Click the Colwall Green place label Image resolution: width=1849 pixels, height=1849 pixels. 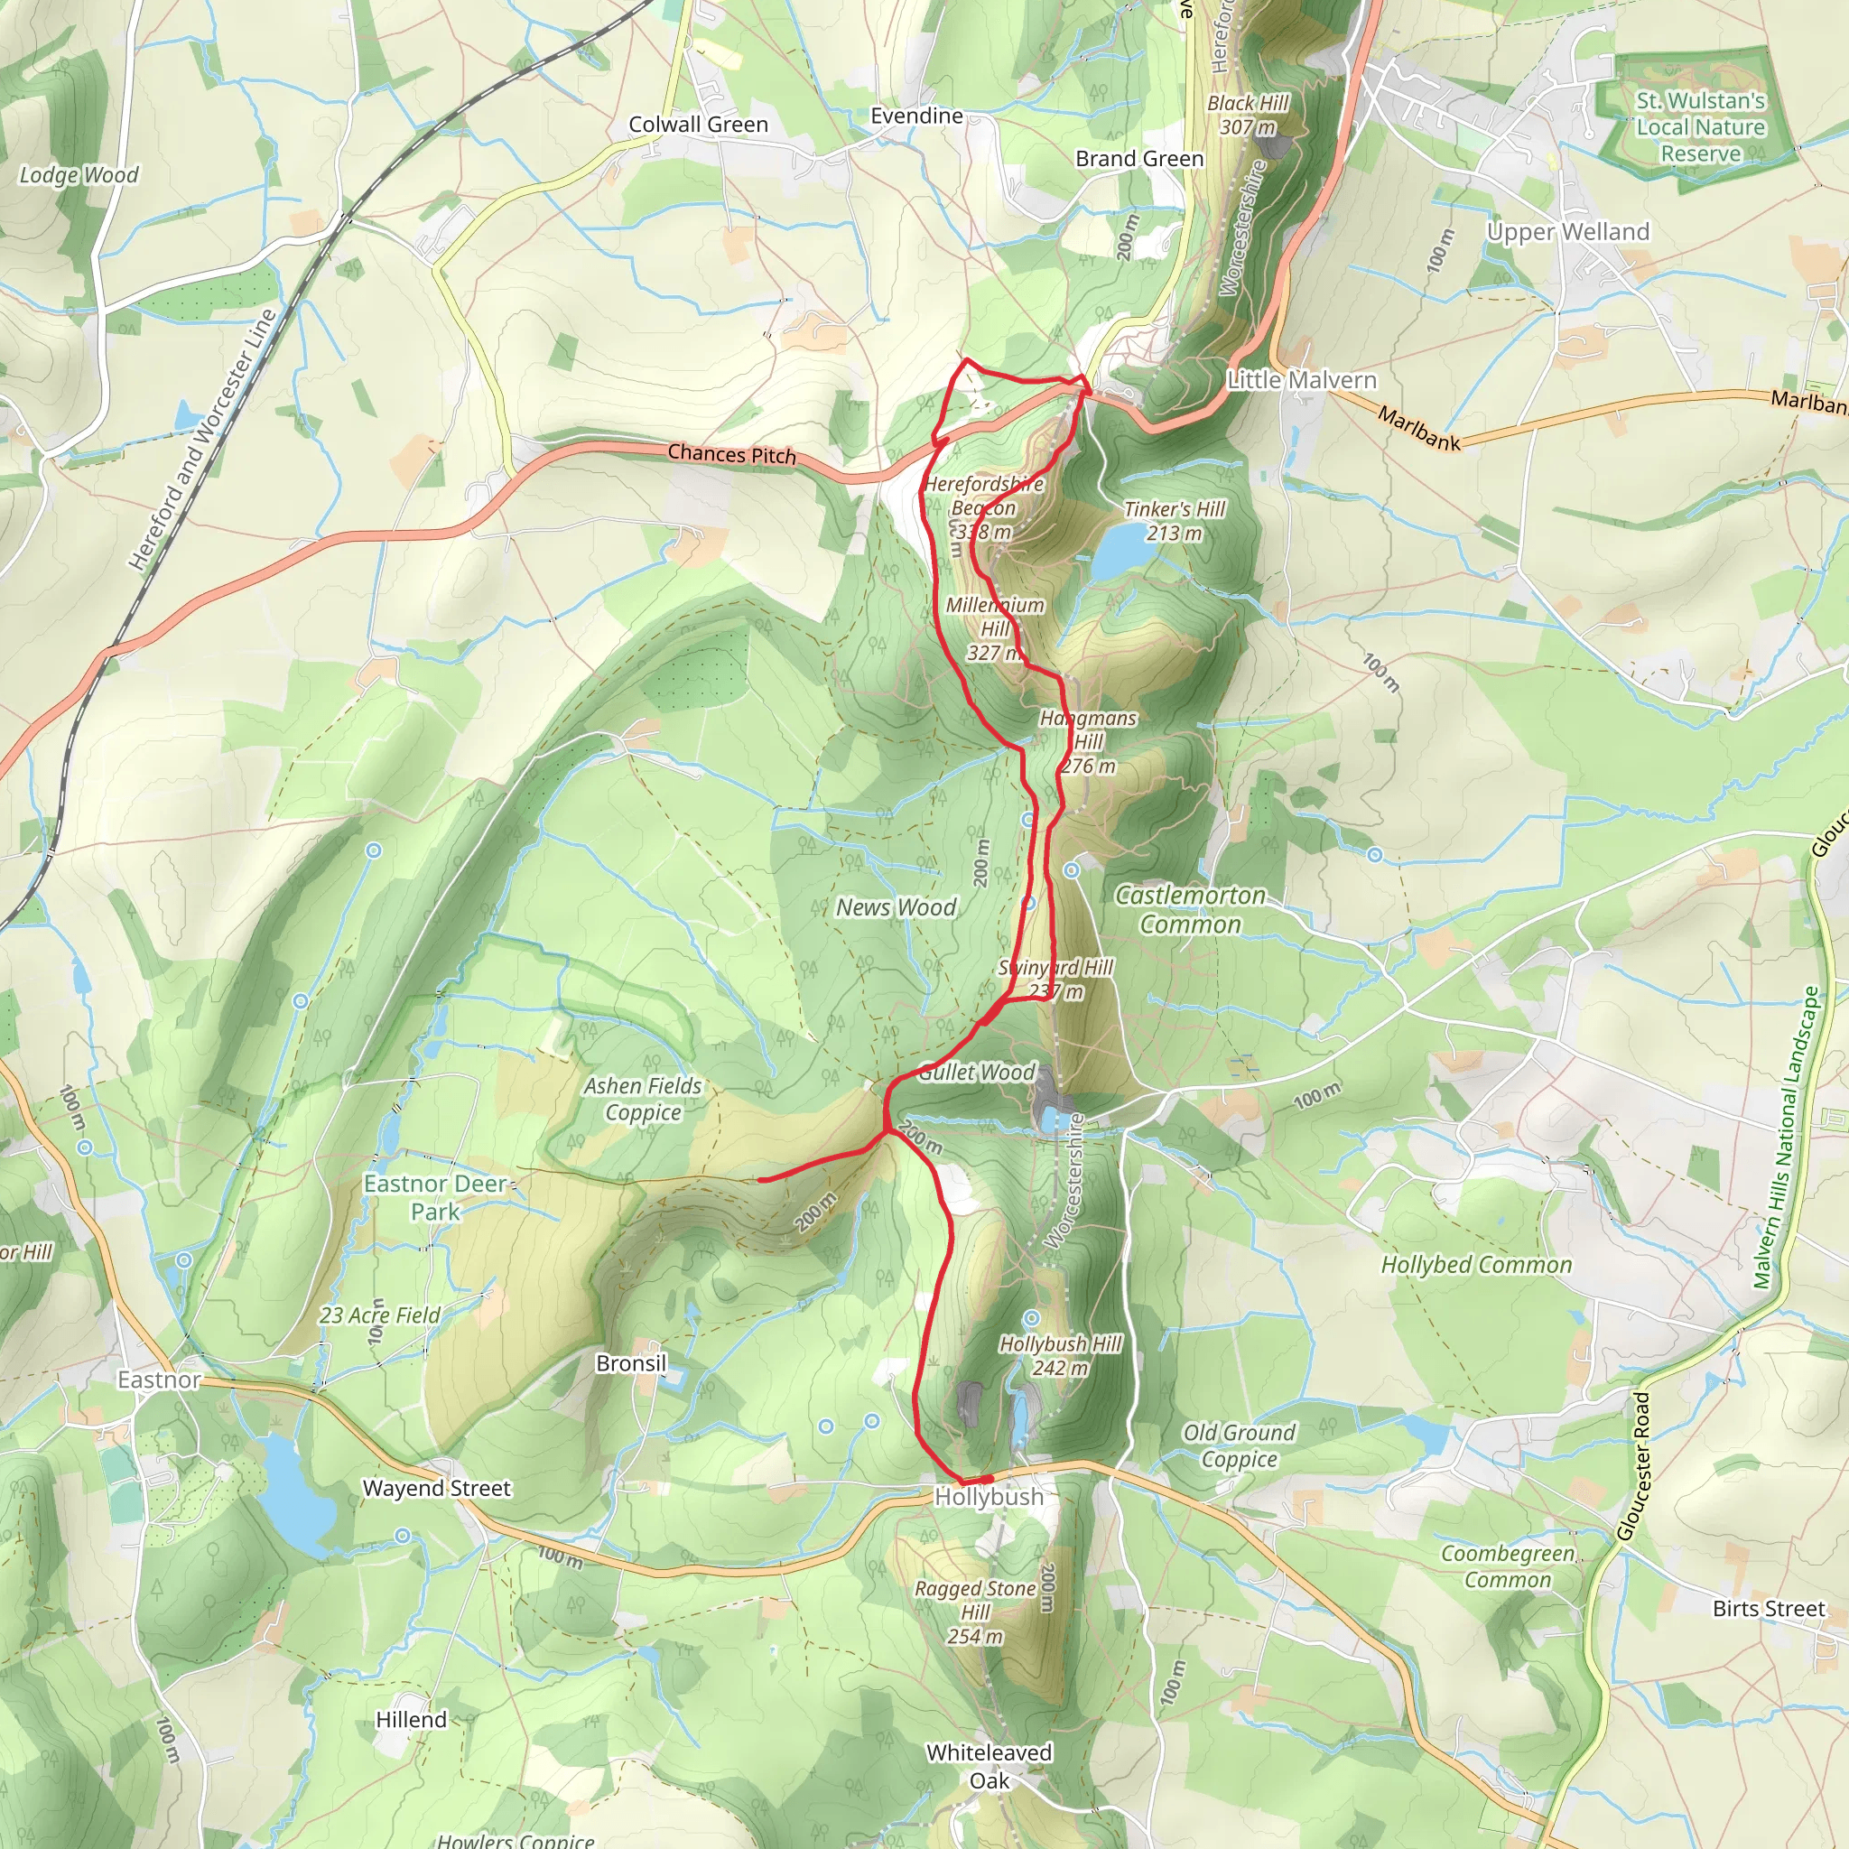pos(698,125)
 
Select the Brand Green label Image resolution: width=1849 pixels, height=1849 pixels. pos(1138,159)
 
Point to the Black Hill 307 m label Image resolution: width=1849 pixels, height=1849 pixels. pos(1247,115)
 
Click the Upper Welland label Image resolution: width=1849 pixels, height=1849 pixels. pos(1567,232)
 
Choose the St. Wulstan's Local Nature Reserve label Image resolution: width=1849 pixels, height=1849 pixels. pos(1700,127)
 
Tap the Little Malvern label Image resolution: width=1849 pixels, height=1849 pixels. pos(1302,380)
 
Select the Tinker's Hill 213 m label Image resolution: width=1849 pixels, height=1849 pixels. pos(1175,522)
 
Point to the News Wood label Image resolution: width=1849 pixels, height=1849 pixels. pos(896,907)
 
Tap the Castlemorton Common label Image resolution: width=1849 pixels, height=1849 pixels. pos(1191,909)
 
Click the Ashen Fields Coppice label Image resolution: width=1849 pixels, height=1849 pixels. pos(643,1099)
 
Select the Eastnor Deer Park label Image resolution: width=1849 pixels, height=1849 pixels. pos(435,1197)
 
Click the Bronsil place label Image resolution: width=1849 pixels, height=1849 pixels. pos(631,1362)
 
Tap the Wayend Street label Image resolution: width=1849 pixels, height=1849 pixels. pos(436,1488)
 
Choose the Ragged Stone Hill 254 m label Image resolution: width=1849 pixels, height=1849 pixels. pos(975,1612)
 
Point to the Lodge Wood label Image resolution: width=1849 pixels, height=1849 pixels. pos(79,175)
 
